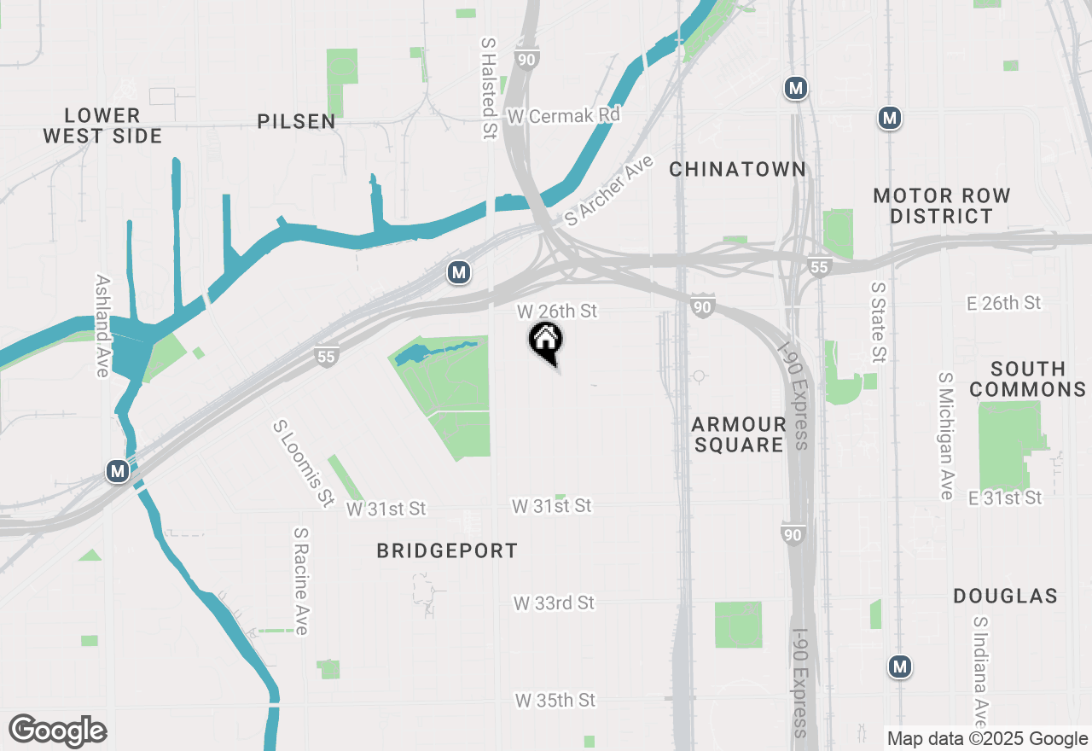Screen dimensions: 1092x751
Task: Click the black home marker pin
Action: pos(546,341)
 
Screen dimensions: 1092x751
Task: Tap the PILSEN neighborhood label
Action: pos(297,122)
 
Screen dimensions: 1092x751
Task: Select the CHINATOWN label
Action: pos(737,169)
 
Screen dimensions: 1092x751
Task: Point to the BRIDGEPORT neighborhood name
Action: pos(447,551)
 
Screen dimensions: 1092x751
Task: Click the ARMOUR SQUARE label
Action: pos(739,434)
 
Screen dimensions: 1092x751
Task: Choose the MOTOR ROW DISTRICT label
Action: pos(942,206)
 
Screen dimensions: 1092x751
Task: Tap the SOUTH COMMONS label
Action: pos(1028,379)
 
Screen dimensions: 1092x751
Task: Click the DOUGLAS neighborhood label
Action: pos(1005,596)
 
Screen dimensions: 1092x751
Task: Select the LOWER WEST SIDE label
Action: pos(102,125)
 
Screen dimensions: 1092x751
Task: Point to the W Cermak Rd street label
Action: pos(563,115)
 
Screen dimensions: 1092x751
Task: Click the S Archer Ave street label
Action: pos(608,190)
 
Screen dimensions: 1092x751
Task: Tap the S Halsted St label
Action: pos(489,87)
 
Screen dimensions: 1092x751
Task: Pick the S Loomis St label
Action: pos(303,463)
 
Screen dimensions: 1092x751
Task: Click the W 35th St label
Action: pos(555,700)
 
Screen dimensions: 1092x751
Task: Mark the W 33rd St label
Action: pos(554,603)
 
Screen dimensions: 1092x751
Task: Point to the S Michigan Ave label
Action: pos(945,435)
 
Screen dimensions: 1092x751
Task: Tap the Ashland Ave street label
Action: pos(103,325)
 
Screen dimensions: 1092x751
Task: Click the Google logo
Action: pos(57,731)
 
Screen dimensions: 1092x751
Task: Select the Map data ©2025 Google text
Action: pos(987,739)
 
